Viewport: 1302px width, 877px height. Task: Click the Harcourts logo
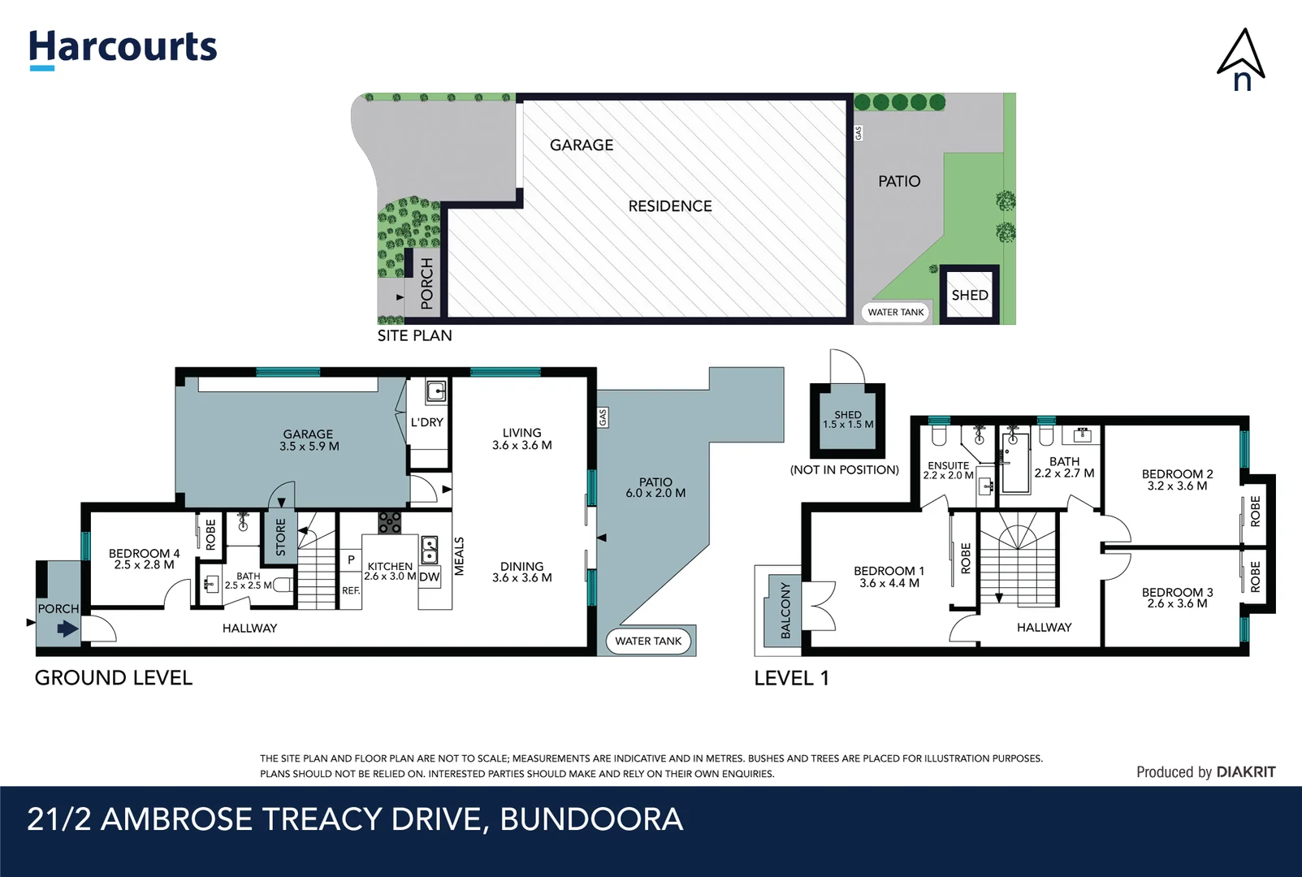pos(123,49)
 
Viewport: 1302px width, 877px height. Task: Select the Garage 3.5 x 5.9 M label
pos(309,440)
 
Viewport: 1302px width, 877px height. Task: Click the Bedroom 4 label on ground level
pos(144,559)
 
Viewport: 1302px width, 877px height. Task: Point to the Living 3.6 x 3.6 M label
pos(521,439)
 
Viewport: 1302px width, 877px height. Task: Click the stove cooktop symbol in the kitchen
pos(390,522)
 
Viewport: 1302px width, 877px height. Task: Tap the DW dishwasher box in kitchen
pos(430,577)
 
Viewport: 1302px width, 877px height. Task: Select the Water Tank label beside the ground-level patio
pos(648,641)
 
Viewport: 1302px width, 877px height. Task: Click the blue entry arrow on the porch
pos(67,629)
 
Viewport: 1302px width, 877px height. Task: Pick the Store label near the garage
pos(281,538)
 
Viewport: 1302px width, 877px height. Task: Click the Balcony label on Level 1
pos(785,610)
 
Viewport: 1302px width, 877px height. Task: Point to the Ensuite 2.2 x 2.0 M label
pos(948,470)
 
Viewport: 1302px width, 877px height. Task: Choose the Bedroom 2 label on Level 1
pos(1177,480)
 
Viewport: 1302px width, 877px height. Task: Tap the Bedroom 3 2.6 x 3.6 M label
pos(1177,598)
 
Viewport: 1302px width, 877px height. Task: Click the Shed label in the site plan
pos(970,295)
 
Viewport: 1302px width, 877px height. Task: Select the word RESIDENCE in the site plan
pos(670,206)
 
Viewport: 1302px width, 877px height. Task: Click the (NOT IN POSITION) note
pos(845,469)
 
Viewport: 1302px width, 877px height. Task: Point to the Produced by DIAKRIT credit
pos(1205,772)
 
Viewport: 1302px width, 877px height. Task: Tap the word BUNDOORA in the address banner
pos(591,819)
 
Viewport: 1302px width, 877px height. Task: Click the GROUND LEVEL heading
pos(114,678)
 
